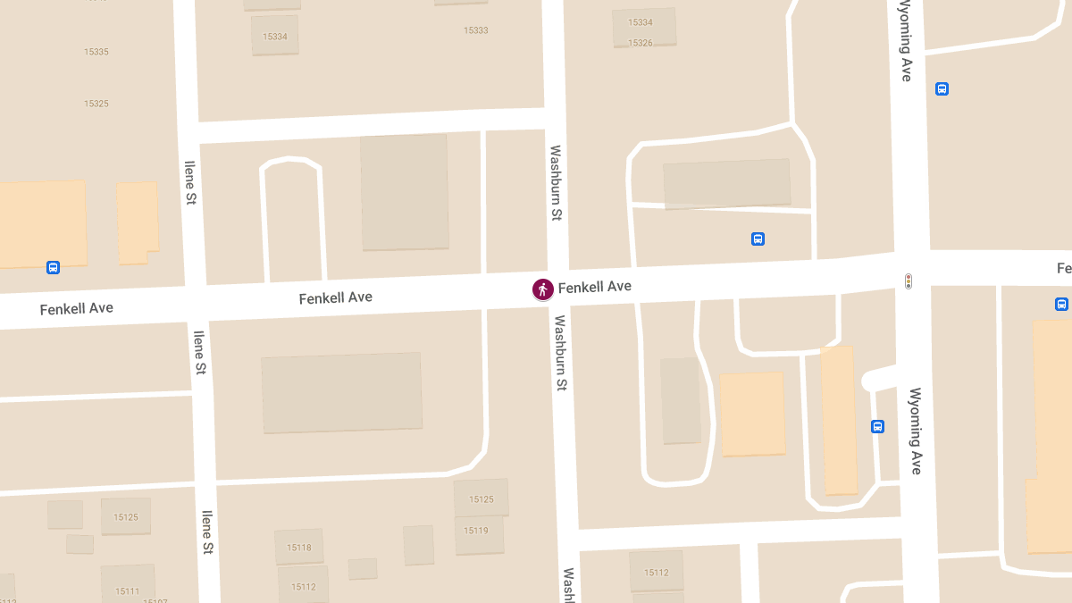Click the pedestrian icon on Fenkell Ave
(x=542, y=289)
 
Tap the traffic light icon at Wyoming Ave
(x=909, y=281)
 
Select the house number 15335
(x=96, y=52)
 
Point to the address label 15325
(x=96, y=104)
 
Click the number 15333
(x=476, y=30)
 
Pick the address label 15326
(x=641, y=43)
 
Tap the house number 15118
(x=299, y=548)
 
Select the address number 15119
(x=476, y=531)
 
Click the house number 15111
(x=127, y=591)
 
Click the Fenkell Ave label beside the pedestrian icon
(x=595, y=287)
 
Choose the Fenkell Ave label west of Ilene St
(x=77, y=308)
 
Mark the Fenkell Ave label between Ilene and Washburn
(x=336, y=297)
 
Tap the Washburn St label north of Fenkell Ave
(x=556, y=183)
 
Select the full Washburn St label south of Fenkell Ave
(x=561, y=353)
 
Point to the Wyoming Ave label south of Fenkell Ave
(x=915, y=431)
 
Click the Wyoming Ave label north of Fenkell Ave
(x=905, y=41)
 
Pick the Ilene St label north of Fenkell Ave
(x=189, y=183)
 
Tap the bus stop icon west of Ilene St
(x=54, y=267)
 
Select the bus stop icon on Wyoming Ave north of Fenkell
(x=942, y=88)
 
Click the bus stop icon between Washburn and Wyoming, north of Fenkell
(x=758, y=239)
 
